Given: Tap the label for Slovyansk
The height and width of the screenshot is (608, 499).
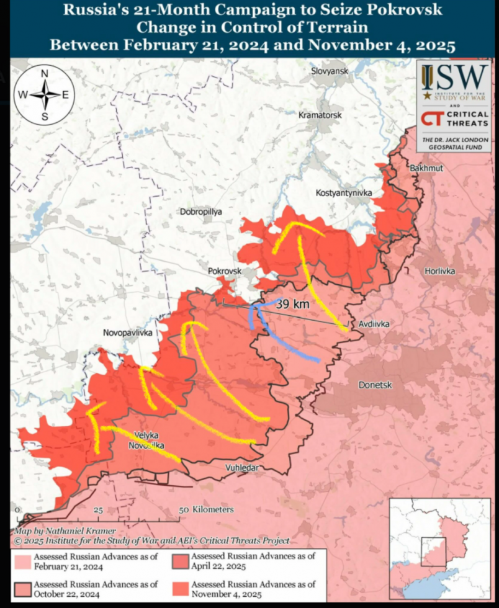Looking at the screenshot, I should pos(330,71).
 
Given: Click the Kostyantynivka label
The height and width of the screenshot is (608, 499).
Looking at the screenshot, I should pos(343,194).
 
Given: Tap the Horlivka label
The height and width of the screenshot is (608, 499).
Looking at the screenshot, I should pos(440,272).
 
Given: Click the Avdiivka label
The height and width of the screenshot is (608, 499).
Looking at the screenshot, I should pos(374,324).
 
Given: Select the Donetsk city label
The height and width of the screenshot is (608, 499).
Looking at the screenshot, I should pos(375,385).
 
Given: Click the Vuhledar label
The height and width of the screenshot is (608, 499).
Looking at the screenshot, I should pos(241,468).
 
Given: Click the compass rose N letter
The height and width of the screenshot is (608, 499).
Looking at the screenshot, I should pos(45,73).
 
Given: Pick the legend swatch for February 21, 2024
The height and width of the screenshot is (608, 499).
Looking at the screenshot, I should pos(23,561).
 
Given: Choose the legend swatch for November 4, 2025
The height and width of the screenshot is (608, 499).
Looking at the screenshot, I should pos(181,589).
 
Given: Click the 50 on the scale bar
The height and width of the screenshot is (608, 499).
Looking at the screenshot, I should pos(184,509).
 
